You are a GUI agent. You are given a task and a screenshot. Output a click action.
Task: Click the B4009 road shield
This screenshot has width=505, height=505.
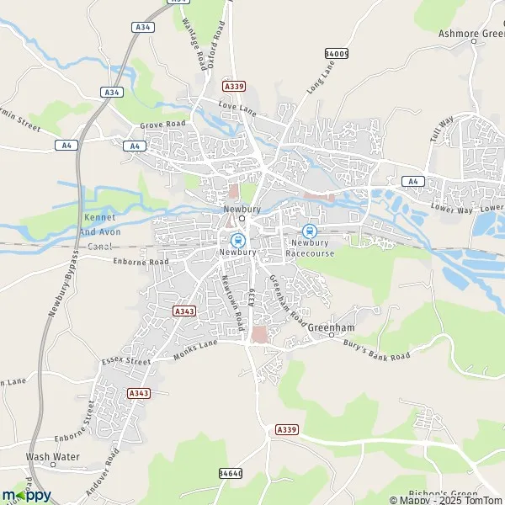tap(336, 53)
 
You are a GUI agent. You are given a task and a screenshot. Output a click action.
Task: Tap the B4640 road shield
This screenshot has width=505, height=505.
tap(230, 475)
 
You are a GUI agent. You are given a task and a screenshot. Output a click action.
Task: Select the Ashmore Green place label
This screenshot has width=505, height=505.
tap(470, 35)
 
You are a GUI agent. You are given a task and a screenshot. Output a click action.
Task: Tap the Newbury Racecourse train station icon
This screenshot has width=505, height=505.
tap(310, 231)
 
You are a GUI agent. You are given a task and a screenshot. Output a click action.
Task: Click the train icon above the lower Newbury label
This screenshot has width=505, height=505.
tap(238, 240)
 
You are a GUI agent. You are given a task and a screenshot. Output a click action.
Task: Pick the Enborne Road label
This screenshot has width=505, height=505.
tap(141, 262)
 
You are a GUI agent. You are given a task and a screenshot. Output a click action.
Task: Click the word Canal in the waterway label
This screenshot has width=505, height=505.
tap(99, 247)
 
